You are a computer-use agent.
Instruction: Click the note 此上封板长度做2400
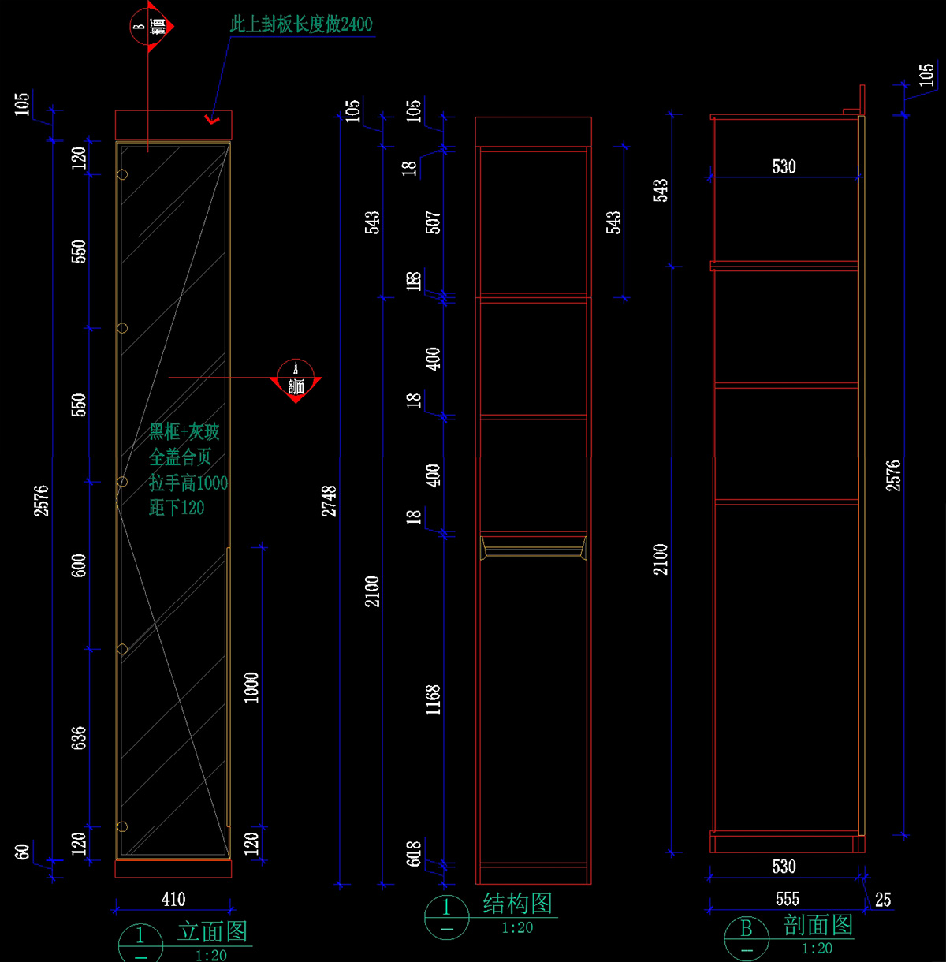click(301, 24)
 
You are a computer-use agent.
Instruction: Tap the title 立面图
click(213, 931)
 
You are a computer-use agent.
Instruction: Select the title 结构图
click(517, 904)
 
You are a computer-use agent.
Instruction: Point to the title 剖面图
click(818, 925)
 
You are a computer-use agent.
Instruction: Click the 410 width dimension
click(173, 899)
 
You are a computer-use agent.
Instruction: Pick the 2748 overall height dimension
click(330, 501)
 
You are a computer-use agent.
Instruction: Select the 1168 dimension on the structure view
click(433, 699)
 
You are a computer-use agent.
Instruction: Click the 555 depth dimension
click(787, 899)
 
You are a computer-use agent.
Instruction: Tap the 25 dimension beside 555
click(883, 900)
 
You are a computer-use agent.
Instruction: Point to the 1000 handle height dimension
click(251, 687)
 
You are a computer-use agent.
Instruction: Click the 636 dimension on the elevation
click(79, 738)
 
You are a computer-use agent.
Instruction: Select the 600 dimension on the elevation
click(79, 565)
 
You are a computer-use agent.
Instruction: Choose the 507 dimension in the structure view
click(433, 222)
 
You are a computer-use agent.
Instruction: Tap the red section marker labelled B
click(150, 28)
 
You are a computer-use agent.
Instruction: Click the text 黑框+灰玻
click(184, 431)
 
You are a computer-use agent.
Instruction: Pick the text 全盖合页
click(181, 457)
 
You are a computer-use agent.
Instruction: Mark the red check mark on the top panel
click(210, 120)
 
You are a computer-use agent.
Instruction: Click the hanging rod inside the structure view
click(533, 547)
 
